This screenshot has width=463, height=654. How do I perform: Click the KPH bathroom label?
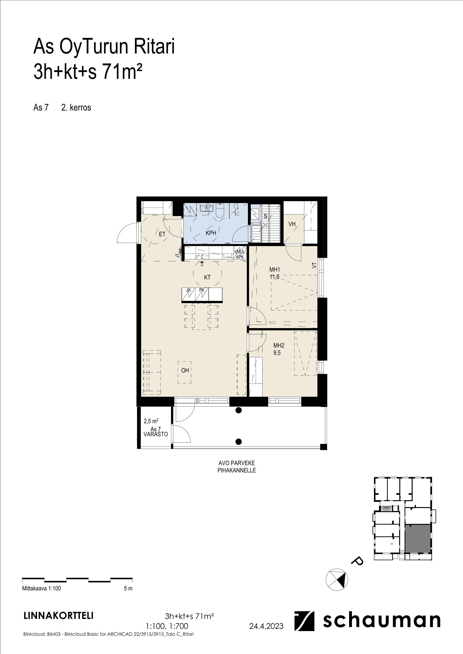(x=211, y=233)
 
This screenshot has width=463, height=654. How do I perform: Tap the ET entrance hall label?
(x=162, y=234)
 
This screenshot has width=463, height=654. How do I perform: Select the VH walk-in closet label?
(x=292, y=224)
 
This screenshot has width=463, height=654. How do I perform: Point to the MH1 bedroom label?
(x=275, y=269)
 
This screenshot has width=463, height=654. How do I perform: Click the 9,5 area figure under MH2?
(x=277, y=353)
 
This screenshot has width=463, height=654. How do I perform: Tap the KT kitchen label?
(x=207, y=277)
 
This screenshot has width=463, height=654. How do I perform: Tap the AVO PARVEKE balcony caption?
(x=237, y=463)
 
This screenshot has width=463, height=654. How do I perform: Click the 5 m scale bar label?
(x=128, y=589)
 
